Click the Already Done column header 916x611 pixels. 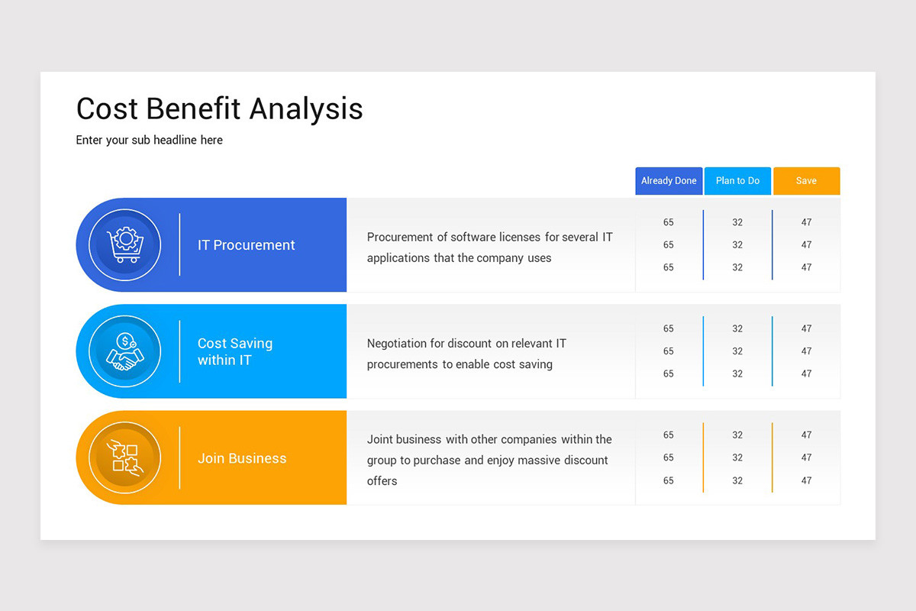pos(669,181)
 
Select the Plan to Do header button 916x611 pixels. pos(737,181)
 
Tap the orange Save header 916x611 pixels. pos(806,181)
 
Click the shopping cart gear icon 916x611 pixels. pos(125,245)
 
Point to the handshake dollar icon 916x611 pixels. pos(125,351)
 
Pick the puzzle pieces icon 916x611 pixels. pos(125,457)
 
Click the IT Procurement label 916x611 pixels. pos(246,245)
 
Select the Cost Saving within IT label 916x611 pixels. pos(234,351)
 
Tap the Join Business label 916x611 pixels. pos(242,458)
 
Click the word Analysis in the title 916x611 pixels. pos(306,108)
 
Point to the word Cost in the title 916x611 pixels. pos(107,108)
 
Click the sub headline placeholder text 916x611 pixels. pos(149,141)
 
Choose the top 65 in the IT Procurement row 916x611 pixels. pos(669,222)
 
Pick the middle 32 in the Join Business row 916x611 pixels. pos(737,457)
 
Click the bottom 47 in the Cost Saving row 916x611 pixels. pos(806,373)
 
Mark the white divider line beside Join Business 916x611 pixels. pos(180,457)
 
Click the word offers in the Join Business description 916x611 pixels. pos(382,481)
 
